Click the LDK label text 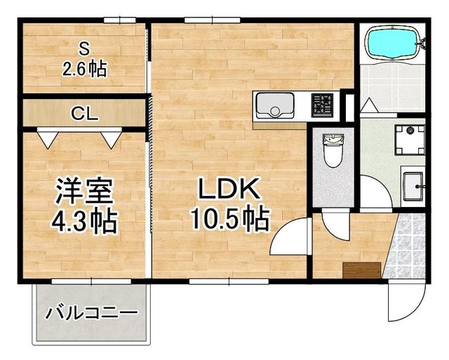pyautogui.click(x=229, y=189)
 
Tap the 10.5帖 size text pyautogui.click(x=229, y=220)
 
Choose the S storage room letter pyautogui.click(x=83, y=48)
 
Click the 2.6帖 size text pyautogui.click(x=83, y=69)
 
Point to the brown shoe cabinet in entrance pyautogui.click(x=362, y=270)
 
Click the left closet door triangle pyautogui.click(x=46, y=139)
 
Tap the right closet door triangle pyautogui.click(x=111, y=139)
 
